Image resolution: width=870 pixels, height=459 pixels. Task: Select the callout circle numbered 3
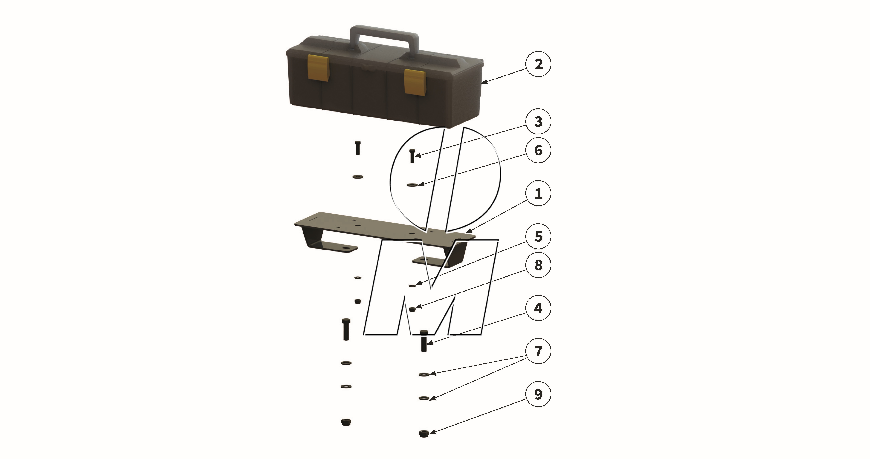[538, 121]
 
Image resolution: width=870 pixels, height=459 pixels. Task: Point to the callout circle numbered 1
[538, 193]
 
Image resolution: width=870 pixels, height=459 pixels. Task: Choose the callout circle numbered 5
[538, 236]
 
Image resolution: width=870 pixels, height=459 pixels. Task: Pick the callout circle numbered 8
[538, 265]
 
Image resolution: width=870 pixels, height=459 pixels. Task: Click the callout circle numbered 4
[538, 308]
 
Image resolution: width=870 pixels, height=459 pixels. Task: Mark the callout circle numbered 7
[538, 351]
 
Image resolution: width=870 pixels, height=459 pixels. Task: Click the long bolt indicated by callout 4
[424, 341]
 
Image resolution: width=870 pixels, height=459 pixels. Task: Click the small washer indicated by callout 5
[412, 285]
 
